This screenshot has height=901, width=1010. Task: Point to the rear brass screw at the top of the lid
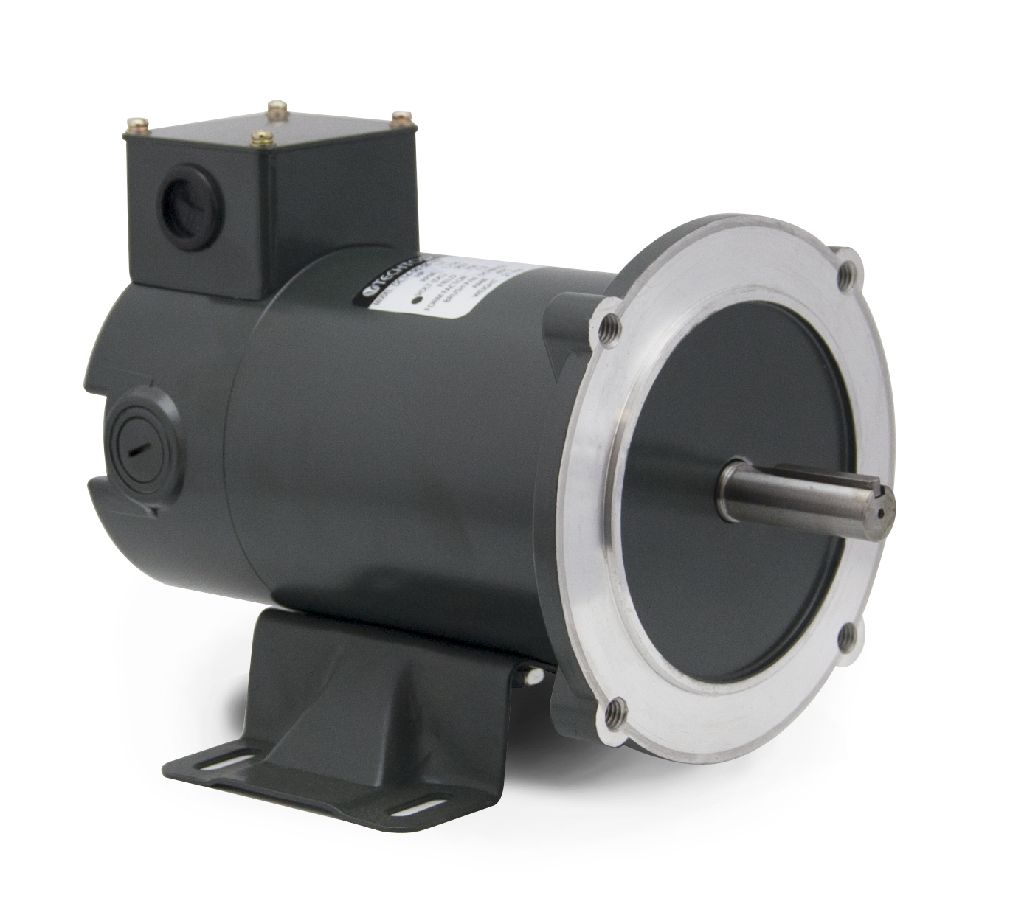[278, 108]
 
